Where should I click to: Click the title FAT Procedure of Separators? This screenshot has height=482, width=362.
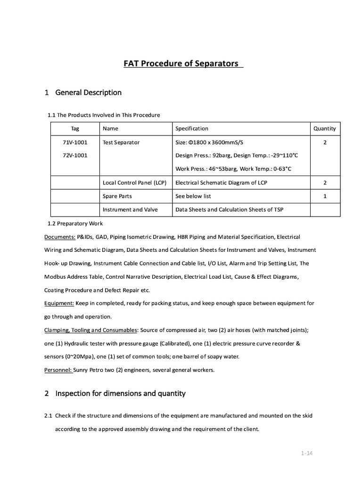[181, 64]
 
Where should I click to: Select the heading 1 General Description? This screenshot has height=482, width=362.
[83, 93]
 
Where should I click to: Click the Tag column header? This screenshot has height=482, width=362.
[75, 129]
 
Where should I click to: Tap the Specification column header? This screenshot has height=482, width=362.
[191, 129]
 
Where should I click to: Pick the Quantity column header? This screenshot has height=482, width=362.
[325, 129]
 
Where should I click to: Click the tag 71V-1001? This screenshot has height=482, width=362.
[75, 142]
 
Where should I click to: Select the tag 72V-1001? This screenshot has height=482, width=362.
[75, 155]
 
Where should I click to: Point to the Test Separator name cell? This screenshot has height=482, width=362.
[121, 142]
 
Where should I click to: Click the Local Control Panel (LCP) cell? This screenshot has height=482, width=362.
[134, 183]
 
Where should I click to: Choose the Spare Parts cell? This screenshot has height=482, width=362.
[117, 196]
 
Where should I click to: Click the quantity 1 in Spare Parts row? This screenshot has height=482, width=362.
[325, 196]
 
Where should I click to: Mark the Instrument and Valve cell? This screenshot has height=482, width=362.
[130, 209]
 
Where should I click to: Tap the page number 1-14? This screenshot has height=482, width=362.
[307, 453]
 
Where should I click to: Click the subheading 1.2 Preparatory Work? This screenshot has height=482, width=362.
[75, 223]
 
